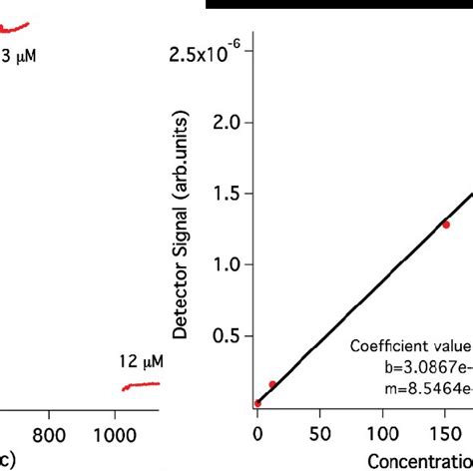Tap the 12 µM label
tap(140, 360)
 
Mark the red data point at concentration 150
tap(446, 225)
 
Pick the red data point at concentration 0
tap(257, 403)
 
